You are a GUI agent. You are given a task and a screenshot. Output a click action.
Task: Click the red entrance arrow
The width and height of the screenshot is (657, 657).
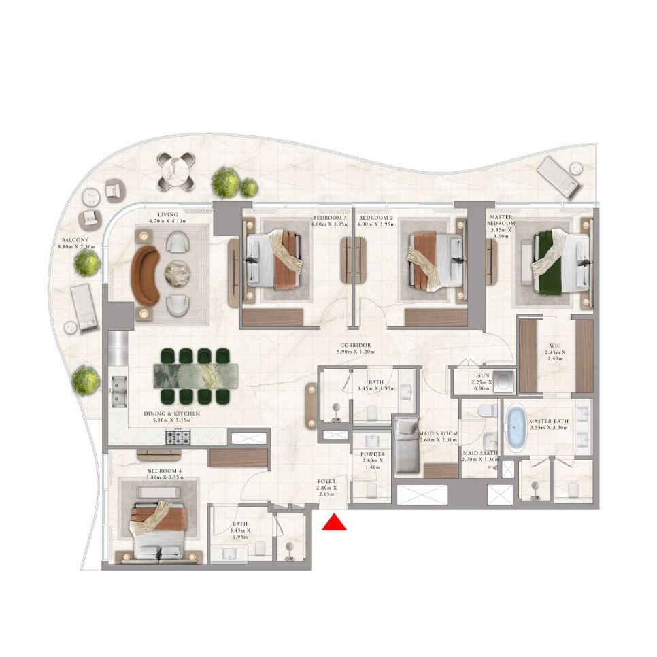(334, 522)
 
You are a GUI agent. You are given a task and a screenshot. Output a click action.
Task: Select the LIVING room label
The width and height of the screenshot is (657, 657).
(167, 216)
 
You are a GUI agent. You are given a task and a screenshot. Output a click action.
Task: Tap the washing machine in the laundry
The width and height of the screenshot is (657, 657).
(504, 381)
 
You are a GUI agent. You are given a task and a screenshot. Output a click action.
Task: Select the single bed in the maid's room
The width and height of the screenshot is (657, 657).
(409, 445)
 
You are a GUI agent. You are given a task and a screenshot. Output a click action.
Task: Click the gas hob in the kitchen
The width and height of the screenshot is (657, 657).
(175, 439)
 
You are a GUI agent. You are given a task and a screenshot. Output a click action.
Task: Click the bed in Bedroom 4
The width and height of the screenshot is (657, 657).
(160, 527)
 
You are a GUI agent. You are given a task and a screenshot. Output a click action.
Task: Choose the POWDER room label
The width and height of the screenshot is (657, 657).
(373, 454)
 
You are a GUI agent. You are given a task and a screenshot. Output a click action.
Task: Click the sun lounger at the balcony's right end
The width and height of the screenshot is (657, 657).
(560, 176)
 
